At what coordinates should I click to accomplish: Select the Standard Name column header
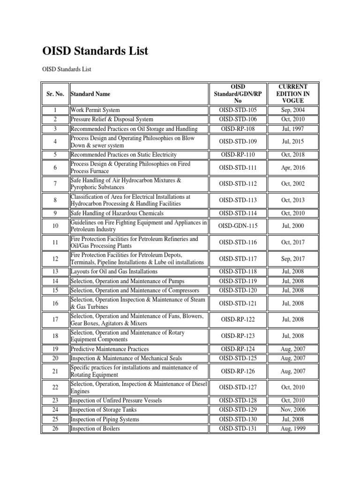coord(91,94)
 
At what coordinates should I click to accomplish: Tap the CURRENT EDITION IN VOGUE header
coord(293,94)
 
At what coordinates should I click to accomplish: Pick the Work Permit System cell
coord(95,110)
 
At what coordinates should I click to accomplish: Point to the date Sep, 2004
coord(293,110)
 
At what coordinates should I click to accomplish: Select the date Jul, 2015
coord(293,142)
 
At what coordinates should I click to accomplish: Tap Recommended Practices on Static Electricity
coord(123,155)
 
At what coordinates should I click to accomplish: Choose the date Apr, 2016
coord(293,167)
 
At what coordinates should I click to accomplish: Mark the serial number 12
coord(55,259)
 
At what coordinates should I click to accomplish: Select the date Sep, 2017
coord(293,259)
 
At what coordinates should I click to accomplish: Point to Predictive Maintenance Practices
coord(110,349)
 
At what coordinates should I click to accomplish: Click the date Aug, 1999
coord(293,429)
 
